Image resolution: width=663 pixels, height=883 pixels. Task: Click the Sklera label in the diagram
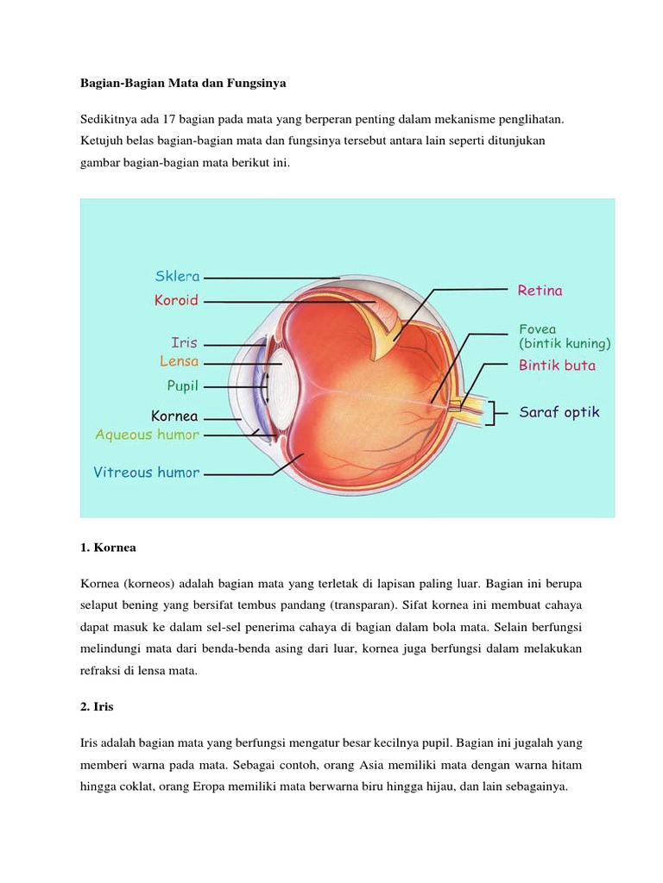[x=178, y=277]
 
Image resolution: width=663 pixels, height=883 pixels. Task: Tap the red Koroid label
[x=176, y=301]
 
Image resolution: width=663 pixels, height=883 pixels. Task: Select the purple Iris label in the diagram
[x=184, y=342]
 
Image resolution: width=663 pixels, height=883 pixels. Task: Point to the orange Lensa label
[x=179, y=361]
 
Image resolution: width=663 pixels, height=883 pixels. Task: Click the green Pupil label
[x=182, y=385]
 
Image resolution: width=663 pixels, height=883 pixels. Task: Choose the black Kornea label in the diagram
[x=175, y=416]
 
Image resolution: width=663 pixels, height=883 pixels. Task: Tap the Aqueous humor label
[x=148, y=435]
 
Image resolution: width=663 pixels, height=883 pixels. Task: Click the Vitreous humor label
[x=146, y=472]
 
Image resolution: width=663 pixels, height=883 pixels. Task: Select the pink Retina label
[x=540, y=291]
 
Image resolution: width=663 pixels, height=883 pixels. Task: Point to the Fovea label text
[x=537, y=329]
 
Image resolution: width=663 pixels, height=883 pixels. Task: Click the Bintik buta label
[x=557, y=365]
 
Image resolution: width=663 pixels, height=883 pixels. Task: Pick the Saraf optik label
[x=559, y=412]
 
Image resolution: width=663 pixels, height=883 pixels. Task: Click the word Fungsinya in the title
[x=256, y=84]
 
